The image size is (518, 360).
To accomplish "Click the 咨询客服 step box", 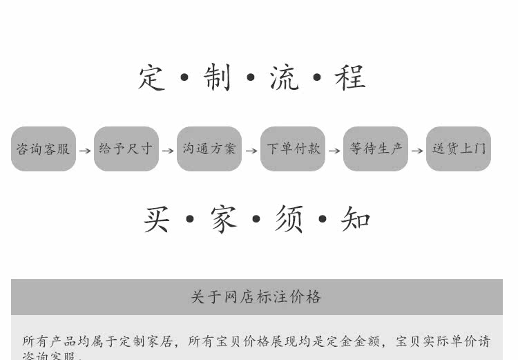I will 44,149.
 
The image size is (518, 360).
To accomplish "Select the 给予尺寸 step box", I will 126,149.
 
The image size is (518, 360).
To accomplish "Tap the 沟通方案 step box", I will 209,149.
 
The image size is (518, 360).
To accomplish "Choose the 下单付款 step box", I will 293,149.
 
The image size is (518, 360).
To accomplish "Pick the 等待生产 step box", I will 376,149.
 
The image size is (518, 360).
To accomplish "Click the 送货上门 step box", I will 459,149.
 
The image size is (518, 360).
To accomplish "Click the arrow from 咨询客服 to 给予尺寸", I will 85,150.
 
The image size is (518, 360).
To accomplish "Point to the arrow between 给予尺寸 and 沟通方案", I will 168,150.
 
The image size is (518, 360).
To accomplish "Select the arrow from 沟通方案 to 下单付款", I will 251,150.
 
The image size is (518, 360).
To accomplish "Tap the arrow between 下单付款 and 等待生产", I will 334,150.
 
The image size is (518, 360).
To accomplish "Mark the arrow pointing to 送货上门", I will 417,150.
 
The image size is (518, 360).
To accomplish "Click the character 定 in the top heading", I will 152,77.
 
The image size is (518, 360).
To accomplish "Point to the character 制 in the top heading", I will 218,77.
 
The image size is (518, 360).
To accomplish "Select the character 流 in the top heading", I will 284,77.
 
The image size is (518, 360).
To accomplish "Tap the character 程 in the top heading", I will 350,77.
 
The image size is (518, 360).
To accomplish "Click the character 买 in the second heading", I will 157,220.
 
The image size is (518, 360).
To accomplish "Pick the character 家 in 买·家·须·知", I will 223,220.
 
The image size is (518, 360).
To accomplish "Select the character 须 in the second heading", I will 289,220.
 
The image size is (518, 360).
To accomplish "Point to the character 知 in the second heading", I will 356,220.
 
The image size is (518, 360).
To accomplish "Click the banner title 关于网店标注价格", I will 256,297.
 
